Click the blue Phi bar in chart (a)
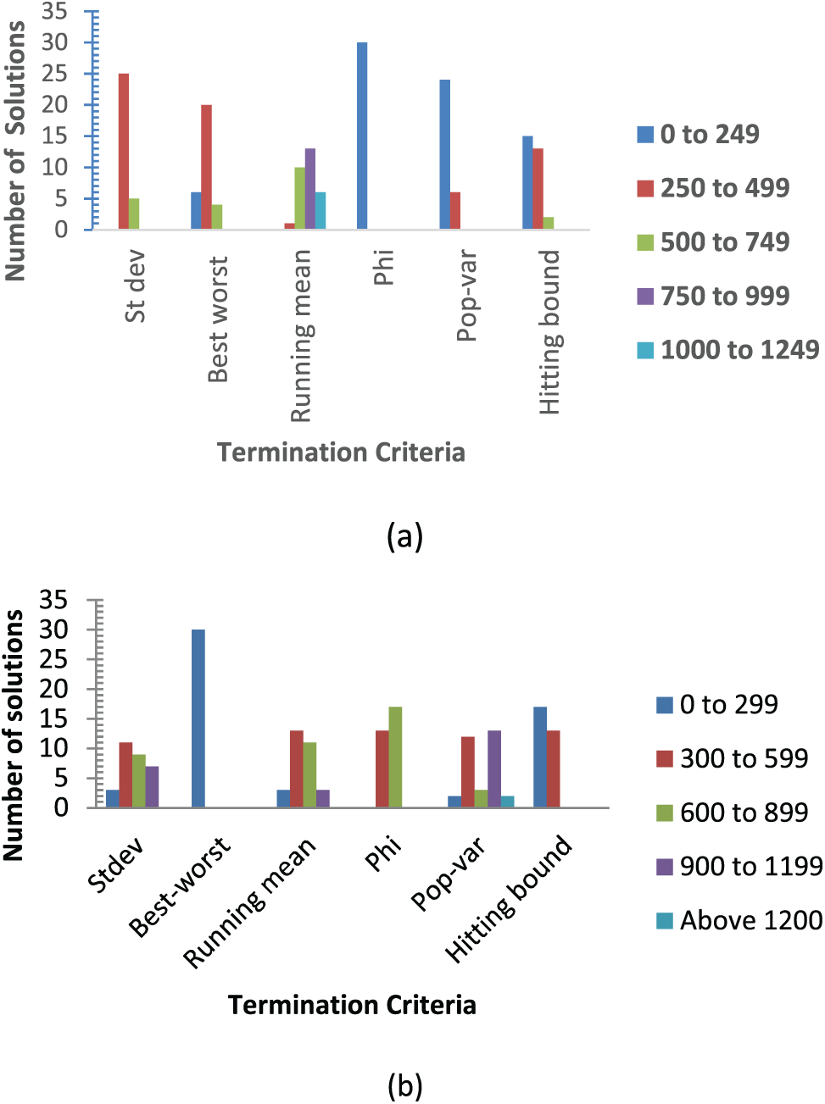[362, 136]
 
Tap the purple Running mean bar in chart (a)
[310, 188]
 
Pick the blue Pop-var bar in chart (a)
[445, 154]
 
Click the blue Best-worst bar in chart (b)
[198, 718]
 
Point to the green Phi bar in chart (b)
[396, 757]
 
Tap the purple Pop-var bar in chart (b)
[494, 768]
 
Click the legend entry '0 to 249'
[709, 134]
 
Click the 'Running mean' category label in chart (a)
[302, 336]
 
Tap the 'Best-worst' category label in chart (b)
[180, 886]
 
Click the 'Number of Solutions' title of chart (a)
[15, 151]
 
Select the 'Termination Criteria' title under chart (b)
[352, 1005]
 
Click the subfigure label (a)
[404, 536]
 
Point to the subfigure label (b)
[404, 1085]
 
